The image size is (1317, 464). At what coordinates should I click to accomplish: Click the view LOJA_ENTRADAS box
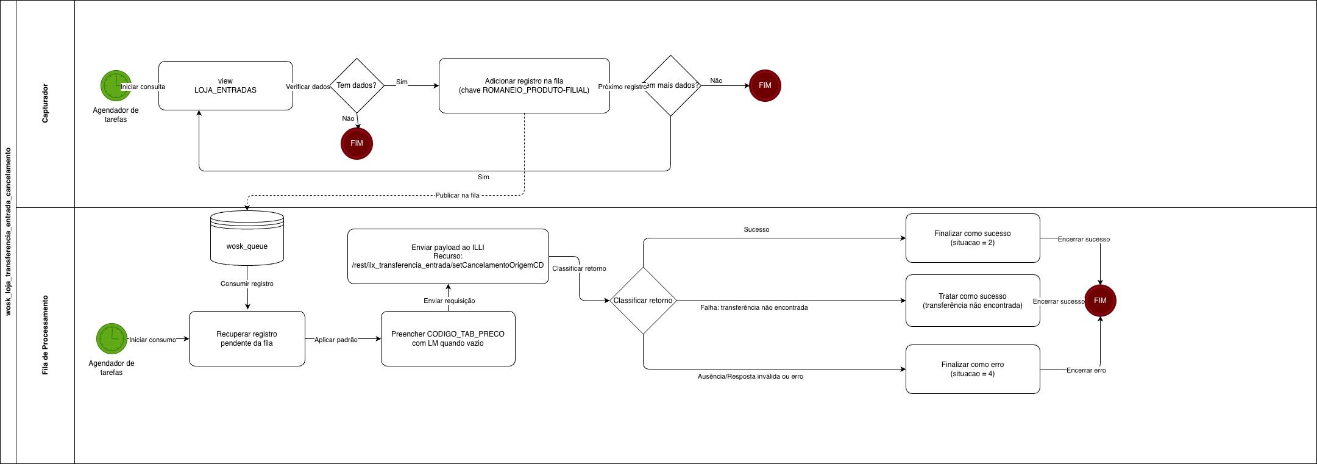225,85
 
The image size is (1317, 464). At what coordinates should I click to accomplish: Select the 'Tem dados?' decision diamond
357,85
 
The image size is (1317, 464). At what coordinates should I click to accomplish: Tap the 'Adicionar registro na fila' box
524,85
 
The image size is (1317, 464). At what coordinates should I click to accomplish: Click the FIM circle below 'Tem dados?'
357,143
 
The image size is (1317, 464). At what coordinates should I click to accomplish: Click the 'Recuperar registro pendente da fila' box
247,338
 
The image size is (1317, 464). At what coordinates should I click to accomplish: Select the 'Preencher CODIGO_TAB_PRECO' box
448,338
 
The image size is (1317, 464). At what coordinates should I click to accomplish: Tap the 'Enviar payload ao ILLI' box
448,256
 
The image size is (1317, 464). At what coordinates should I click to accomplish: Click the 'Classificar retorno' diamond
643,301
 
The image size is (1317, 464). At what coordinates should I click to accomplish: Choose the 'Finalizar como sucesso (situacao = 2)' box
973,238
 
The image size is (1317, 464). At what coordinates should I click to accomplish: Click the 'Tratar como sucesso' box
973,301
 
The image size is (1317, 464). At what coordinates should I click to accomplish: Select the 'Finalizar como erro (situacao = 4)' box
973,369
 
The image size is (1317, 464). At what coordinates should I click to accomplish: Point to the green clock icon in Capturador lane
115,85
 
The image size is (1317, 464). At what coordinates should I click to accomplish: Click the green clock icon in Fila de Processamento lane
112,338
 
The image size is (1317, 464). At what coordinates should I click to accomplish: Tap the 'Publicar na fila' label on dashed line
457,196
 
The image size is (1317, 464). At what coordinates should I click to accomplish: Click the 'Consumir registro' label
247,284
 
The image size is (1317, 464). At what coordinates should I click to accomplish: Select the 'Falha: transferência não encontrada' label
754,308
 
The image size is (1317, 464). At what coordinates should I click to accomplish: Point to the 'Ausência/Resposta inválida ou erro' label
750,377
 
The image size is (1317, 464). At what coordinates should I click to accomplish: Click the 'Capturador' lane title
45,104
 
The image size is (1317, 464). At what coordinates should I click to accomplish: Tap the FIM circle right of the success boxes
1100,301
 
